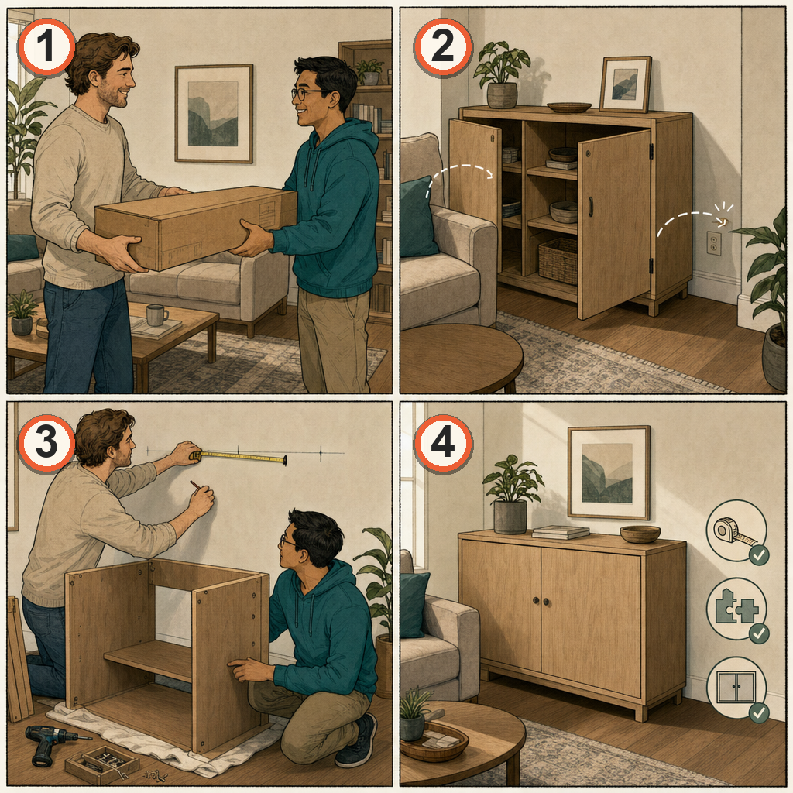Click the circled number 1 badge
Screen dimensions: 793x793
click(46, 47)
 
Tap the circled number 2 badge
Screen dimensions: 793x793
click(443, 47)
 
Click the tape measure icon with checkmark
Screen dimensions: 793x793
click(737, 531)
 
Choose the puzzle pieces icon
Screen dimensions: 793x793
click(737, 609)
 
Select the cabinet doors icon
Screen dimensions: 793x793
click(737, 688)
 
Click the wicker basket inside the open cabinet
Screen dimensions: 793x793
click(558, 261)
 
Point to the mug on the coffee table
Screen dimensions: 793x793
click(156, 314)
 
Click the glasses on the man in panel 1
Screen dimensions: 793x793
click(307, 93)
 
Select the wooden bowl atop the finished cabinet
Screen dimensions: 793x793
click(640, 534)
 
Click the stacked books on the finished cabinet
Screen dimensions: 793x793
click(561, 532)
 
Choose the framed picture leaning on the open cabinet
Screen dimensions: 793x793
click(626, 84)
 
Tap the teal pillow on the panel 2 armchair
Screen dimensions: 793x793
click(417, 218)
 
